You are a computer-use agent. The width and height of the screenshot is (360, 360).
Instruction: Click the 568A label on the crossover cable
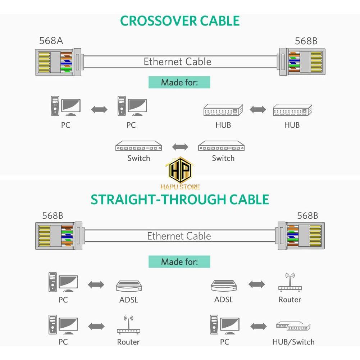[x=51, y=41]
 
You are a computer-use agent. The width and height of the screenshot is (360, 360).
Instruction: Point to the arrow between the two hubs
[x=258, y=109]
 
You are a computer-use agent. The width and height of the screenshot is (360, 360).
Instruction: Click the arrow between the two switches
[x=180, y=147]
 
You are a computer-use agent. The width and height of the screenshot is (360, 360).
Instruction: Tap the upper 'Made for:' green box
[x=179, y=82]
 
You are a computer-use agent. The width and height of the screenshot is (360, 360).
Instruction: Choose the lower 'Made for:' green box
[x=179, y=261]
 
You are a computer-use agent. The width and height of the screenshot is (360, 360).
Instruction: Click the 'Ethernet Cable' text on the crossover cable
[x=177, y=61]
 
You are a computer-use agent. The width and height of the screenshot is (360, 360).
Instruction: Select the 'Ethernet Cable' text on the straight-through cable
[x=179, y=236]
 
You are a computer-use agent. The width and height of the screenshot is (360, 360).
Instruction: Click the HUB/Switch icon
[x=293, y=327]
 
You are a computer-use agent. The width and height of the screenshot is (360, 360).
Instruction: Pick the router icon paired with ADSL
[x=290, y=283]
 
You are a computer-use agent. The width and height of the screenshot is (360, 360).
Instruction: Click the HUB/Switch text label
[x=293, y=342]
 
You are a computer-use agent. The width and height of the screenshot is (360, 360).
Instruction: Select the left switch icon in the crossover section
[x=138, y=146]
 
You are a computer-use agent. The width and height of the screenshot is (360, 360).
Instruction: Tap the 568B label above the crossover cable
[x=306, y=41]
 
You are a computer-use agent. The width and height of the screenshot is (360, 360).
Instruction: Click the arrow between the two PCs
[x=99, y=109]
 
